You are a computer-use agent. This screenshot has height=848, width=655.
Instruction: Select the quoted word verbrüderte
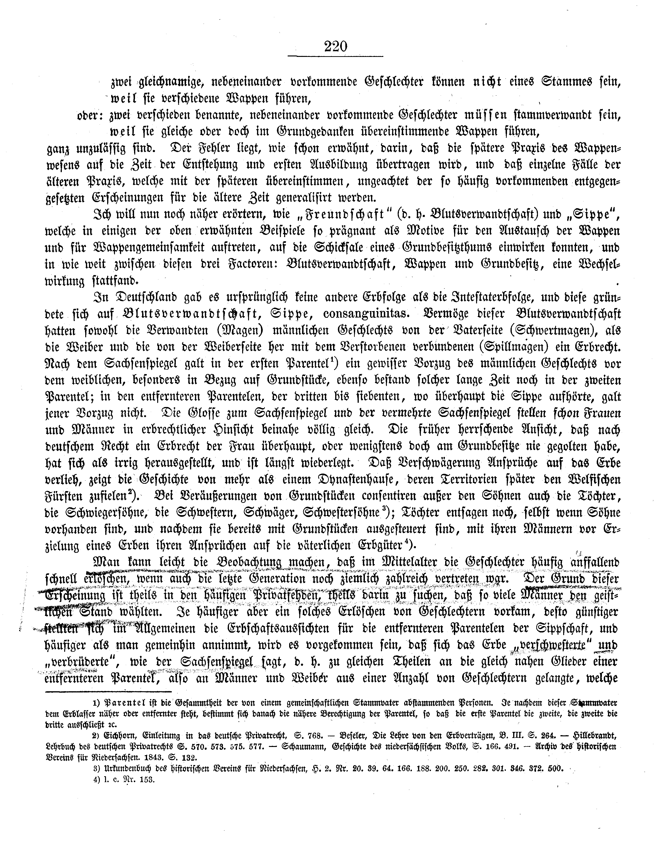[80, 661]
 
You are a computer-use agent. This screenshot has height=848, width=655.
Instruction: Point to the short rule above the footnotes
[109, 691]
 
